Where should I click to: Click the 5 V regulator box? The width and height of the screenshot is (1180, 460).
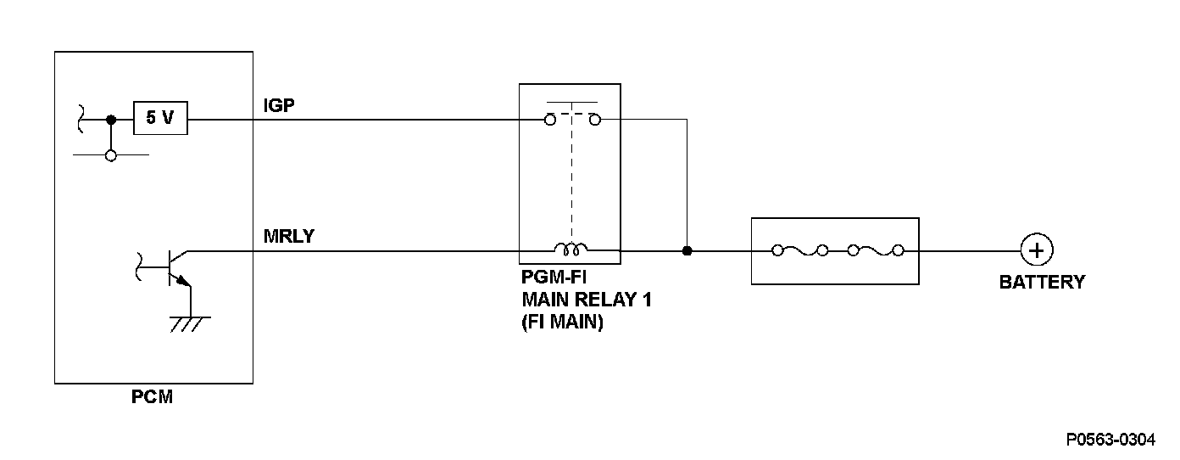160,118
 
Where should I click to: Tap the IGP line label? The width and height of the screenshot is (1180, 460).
279,105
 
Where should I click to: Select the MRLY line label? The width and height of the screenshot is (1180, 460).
289,236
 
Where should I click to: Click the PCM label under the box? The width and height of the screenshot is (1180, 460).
152,396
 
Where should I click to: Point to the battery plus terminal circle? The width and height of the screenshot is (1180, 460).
1037,250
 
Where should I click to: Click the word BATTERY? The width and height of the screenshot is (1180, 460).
1042,283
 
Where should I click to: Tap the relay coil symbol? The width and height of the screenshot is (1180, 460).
571,249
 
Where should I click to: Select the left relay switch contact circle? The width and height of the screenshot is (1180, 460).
550,120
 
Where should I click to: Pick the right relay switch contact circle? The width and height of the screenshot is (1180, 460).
595,120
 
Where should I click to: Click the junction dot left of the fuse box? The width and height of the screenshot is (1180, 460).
687,251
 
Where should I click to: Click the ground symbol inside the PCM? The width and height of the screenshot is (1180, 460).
190,324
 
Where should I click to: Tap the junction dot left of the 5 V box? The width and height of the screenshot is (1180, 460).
110,120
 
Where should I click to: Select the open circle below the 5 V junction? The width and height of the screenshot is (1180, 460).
110,156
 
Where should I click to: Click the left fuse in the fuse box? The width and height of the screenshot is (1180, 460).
799,250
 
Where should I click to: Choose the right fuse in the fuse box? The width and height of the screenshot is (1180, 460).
876,250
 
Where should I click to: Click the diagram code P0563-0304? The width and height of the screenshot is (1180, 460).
1110,440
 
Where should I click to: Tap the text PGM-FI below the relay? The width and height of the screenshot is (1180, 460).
554,277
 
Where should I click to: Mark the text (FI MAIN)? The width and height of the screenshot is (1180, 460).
562,322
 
